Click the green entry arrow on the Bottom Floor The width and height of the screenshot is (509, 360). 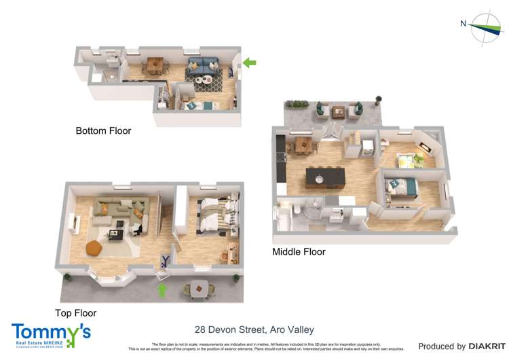pyautogui.click(x=250, y=63)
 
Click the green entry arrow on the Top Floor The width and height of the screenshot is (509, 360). pyautogui.click(x=162, y=291)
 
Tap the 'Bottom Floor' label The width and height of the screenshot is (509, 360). pyautogui.click(x=103, y=130)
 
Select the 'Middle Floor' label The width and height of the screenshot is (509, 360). pyautogui.click(x=299, y=252)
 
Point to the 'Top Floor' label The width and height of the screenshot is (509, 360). pyautogui.click(x=75, y=313)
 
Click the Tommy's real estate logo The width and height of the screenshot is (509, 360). pyautogui.click(x=51, y=335)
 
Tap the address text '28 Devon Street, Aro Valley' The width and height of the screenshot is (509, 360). pyautogui.click(x=254, y=330)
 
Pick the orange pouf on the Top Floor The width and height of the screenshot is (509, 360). pyautogui.click(x=94, y=249)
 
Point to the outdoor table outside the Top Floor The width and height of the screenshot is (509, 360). pyautogui.click(x=198, y=287)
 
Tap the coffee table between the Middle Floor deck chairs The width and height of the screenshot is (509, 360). pyautogui.click(x=337, y=111)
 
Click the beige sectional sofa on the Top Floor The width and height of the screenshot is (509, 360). pyautogui.click(x=119, y=208)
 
